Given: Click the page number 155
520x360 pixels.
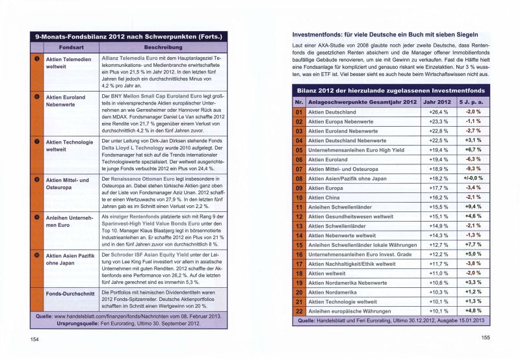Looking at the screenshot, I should point(486,337).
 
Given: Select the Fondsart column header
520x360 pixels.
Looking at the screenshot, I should point(70,48).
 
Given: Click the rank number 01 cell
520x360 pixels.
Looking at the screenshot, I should point(299,112).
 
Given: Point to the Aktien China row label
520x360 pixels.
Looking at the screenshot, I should point(324,197).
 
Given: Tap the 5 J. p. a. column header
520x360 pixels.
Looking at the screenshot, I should point(473,102).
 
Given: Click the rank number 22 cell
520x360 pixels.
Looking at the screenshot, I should point(299,311).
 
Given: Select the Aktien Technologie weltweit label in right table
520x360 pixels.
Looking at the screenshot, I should point(342,302).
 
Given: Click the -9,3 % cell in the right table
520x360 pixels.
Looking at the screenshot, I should point(473,169).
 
